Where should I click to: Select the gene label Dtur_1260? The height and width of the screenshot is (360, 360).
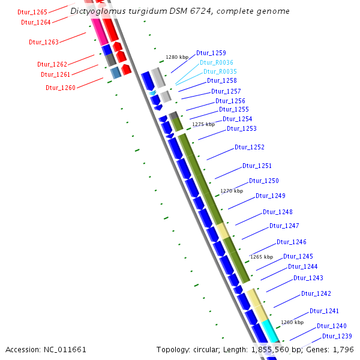pos(61,88)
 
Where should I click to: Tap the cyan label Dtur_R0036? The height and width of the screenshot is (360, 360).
pos(216,62)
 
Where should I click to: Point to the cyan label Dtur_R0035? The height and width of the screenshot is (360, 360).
pos(220,71)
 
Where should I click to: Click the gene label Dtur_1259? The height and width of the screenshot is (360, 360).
pos(211,53)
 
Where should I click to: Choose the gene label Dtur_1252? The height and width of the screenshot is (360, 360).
pos(250,147)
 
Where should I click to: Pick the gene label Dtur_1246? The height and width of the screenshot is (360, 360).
pos(292,242)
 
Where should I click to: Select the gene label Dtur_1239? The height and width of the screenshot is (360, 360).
pos(337,336)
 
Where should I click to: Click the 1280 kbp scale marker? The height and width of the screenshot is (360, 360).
pos(177,58)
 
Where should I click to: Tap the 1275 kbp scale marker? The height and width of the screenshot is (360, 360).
pos(203,124)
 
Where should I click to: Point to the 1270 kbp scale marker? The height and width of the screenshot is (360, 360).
pos(232,191)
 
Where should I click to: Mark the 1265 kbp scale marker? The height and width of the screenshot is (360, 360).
pos(262,257)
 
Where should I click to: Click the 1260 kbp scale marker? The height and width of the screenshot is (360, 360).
pos(293,322)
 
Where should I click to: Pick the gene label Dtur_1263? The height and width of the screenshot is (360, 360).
pos(44,42)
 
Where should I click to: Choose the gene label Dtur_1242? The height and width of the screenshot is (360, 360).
pos(316,293)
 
